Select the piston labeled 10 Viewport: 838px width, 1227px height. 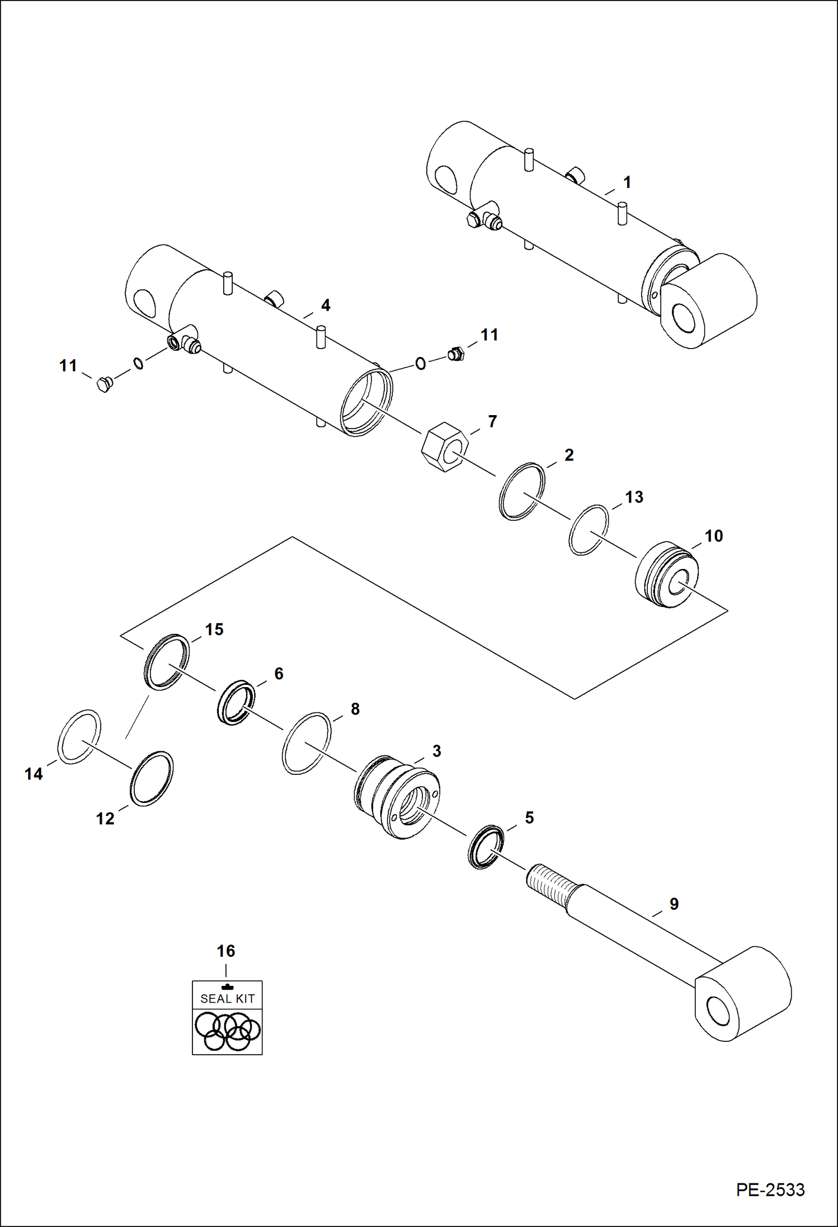[666, 575]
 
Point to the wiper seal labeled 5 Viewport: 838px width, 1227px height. [236, 703]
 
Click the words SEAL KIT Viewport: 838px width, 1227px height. [227, 999]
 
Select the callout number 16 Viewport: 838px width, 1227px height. [226, 951]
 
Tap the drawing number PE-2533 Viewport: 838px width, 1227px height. [770, 1190]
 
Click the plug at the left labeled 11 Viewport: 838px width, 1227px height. [104, 385]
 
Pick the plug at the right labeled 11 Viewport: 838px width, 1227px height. [456, 354]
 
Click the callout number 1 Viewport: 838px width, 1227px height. [627, 182]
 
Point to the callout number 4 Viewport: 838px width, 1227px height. [325, 305]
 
